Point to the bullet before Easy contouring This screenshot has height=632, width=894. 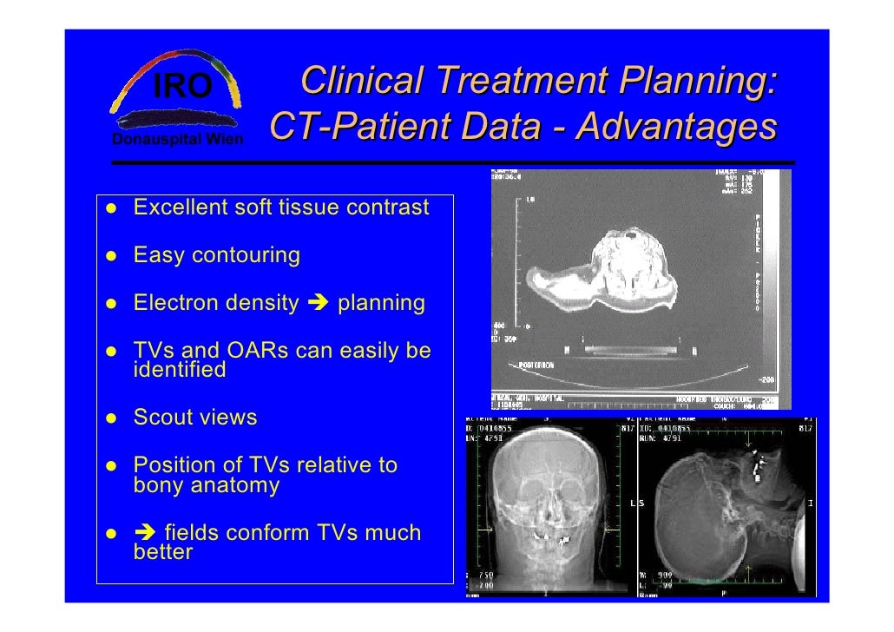(113, 256)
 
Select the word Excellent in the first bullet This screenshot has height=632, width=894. (178, 208)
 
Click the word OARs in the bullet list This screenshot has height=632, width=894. (259, 352)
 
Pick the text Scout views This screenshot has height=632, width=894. (194, 418)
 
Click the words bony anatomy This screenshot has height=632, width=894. (206, 485)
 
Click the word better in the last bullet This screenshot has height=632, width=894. (162, 552)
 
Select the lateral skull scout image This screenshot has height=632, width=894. (725, 508)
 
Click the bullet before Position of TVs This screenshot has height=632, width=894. (113, 466)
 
